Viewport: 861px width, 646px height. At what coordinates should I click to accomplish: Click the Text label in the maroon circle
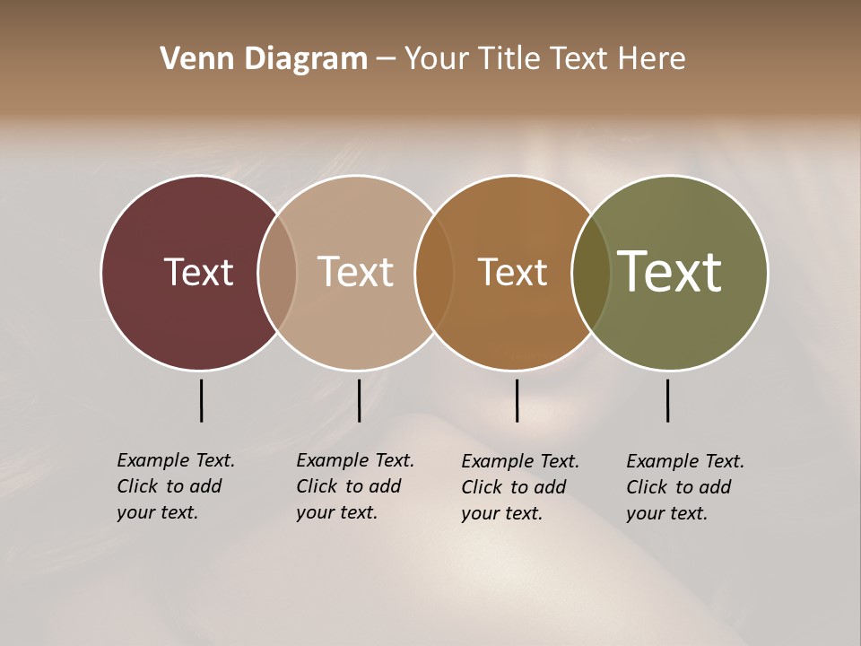(x=198, y=272)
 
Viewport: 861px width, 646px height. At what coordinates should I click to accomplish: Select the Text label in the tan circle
(x=355, y=272)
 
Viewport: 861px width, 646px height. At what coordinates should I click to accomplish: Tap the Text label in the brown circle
(x=512, y=272)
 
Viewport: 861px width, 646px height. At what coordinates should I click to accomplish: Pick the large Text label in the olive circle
(x=669, y=272)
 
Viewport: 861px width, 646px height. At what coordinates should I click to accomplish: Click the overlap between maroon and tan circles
(x=277, y=272)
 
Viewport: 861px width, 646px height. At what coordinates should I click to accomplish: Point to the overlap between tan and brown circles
(x=434, y=272)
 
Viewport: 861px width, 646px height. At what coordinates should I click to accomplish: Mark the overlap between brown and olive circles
(x=591, y=272)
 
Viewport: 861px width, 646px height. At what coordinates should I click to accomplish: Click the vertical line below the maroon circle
(x=201, y=400)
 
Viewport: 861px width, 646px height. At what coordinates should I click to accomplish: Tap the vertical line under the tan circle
(x=359, y=400)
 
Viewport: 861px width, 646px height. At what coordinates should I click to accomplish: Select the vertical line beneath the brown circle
(x=517, y=400)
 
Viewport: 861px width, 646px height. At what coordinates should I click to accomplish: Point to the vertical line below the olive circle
(x=667, y=400)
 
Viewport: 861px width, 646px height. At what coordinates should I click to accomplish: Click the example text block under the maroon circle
(x=175, y=486)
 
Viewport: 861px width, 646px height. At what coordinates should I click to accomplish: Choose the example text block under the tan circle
(x=354, y=486)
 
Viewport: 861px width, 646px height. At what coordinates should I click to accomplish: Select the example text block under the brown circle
(x=519, y=487)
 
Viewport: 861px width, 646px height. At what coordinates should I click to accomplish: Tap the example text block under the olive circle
(x=684, y=487)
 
